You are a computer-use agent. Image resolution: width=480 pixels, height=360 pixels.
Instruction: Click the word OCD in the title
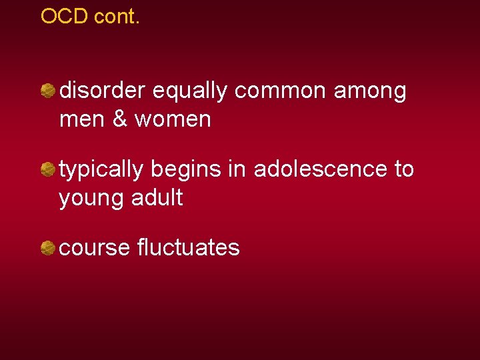(x=65, y=16)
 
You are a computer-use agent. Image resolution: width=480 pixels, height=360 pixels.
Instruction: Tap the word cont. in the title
(x=117, y=16)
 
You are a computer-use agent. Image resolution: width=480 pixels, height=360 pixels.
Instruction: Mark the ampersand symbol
(x=121, y=119)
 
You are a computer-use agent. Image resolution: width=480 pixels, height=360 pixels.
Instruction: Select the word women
(x=173, y=119)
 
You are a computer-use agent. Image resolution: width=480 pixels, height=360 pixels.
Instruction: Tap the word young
(x=89, y=199)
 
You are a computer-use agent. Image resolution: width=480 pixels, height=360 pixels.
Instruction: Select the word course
(x=95, y=249)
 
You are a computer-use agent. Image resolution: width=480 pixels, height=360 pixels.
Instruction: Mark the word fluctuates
(x=188, y=248)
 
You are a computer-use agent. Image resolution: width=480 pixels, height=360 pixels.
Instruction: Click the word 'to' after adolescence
(x=404, y=170)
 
